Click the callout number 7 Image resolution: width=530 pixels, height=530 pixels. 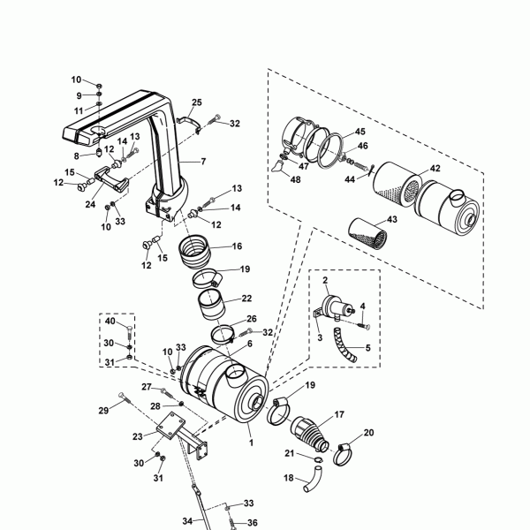[x=203, y=162]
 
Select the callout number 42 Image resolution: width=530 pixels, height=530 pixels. [x=435, y=169]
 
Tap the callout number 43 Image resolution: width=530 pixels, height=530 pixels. [x=391, y=219]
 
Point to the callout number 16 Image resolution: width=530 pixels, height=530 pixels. [x=238, y=246]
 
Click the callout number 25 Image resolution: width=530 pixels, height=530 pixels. [x=197, y=102]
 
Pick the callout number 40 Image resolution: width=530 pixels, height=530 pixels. [x=110, y=321]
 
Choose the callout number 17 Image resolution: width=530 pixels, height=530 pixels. [x=339, y=414]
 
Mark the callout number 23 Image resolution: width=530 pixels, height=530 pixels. [x=138, y=436]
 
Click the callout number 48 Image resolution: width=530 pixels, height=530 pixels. [x=295, y=179]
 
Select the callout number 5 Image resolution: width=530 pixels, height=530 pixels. [x=367, y=348]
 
